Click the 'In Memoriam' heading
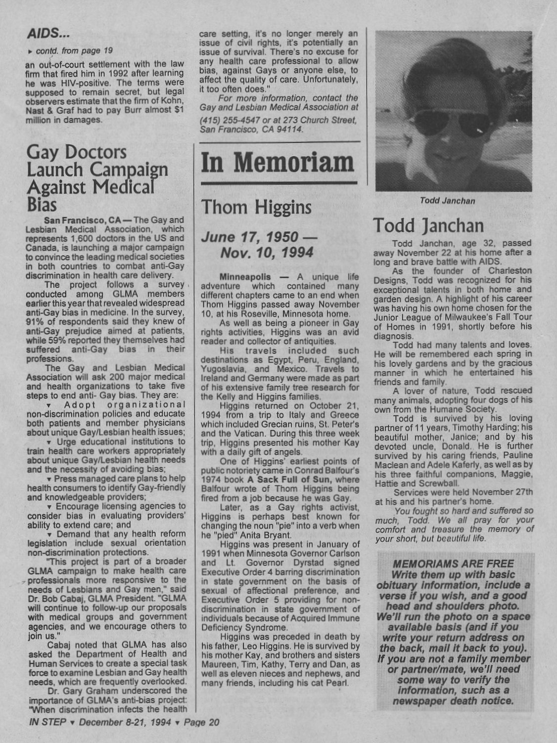click(278, 163)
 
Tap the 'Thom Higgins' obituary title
click(256, 207)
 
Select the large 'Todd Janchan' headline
click(428, 225)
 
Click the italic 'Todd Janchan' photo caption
click(447, 201)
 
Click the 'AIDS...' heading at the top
click(48, 34)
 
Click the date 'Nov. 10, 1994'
click(267, 253)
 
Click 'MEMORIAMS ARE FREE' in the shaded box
click(453, 564)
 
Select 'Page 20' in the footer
click(201, 722)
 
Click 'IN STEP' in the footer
click(47, 722)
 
